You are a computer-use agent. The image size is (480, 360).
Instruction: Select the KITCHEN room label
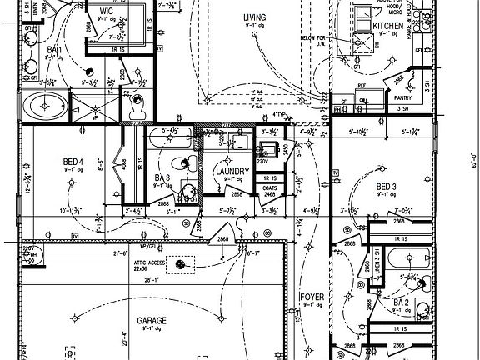388,27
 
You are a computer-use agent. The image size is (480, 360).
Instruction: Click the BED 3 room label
385,186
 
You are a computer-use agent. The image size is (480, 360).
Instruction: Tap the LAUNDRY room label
232,172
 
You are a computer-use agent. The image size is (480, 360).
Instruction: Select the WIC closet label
106,11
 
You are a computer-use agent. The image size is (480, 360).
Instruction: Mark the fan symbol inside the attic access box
180,265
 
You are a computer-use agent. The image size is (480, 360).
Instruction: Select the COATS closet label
269,188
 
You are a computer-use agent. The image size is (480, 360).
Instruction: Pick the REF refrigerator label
362,85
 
